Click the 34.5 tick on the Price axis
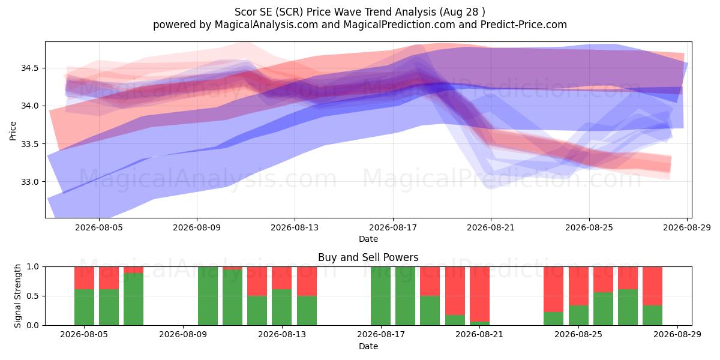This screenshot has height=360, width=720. click(x=29, y=68)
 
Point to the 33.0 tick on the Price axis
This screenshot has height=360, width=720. click(x=29, y=182)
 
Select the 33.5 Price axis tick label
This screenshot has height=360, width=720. click(x=29, y=144)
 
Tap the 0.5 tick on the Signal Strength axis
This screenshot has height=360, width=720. click(x=32, y=296)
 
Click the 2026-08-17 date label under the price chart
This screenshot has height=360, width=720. click(x=393, y=227)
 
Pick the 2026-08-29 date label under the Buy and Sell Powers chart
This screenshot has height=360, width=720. click(x=677, y=334)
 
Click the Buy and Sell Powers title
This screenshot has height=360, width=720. click(x=368, y=257)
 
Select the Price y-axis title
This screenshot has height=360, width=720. click(x=13, y=131)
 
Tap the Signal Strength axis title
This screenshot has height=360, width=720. click(x=17, y=296)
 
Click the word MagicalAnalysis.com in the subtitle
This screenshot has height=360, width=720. click(x=266, y=25)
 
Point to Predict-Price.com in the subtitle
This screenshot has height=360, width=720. click(x=524, y=25)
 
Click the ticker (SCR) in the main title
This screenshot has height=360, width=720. click(x=291, y=12)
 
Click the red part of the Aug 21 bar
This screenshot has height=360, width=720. click(x=479, y=294)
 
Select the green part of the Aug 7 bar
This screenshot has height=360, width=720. click(x=133, y=299)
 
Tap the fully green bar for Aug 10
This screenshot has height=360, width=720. click(x=208, y=296)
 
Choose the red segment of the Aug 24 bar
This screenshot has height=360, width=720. click(x=553, y=289)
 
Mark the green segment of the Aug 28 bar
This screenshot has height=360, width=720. click(x=653, y=316)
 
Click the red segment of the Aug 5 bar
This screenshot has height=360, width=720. click(x=84, y=278)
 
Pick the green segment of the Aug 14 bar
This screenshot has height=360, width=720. click(x=307, y=311)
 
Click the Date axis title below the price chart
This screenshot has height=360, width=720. click(x=368, y=239)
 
